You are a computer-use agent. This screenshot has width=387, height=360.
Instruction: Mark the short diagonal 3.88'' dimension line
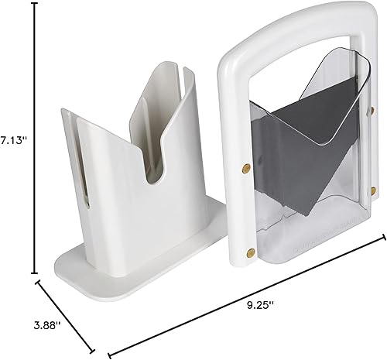click(x=67, y=316)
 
